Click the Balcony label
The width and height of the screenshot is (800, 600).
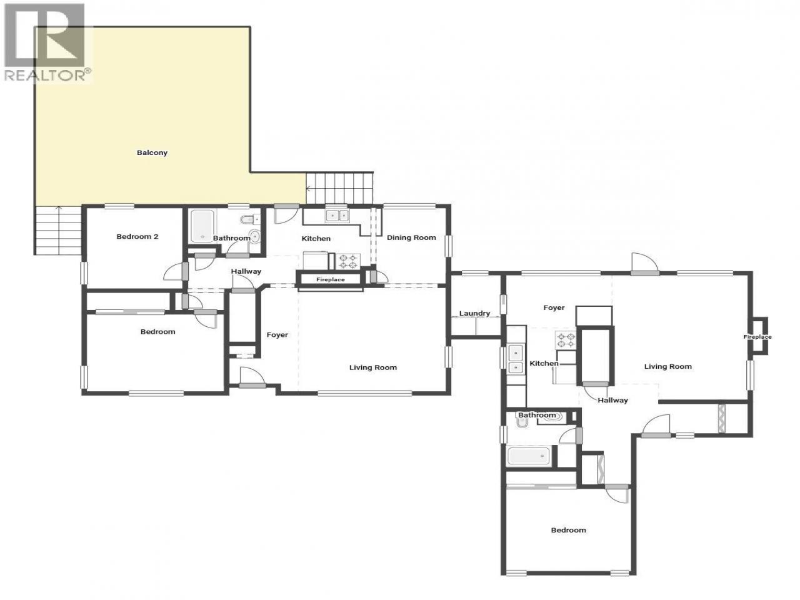point(152,152)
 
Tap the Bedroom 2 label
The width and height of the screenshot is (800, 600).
point(137,236)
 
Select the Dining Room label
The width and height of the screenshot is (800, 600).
point(411,238)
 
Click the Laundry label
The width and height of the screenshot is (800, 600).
point(474,313)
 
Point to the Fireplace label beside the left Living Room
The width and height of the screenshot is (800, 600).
point(330,280)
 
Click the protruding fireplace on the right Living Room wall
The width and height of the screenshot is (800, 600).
point(758,336)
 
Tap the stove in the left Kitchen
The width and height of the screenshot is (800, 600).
point(348,262)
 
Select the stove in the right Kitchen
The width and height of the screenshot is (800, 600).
point(565,339)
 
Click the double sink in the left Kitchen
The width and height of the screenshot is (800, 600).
point(337,216)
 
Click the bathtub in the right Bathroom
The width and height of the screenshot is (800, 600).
point(529,456)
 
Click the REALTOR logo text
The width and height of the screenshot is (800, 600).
point(47,75)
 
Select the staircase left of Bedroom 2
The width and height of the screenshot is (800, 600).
point(58,230)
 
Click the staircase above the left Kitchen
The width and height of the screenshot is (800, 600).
point(339,188)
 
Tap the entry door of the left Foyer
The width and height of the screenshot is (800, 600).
point(252,377)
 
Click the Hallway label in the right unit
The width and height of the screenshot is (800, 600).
point(612,401)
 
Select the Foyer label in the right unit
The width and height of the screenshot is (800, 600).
point(554,308)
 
